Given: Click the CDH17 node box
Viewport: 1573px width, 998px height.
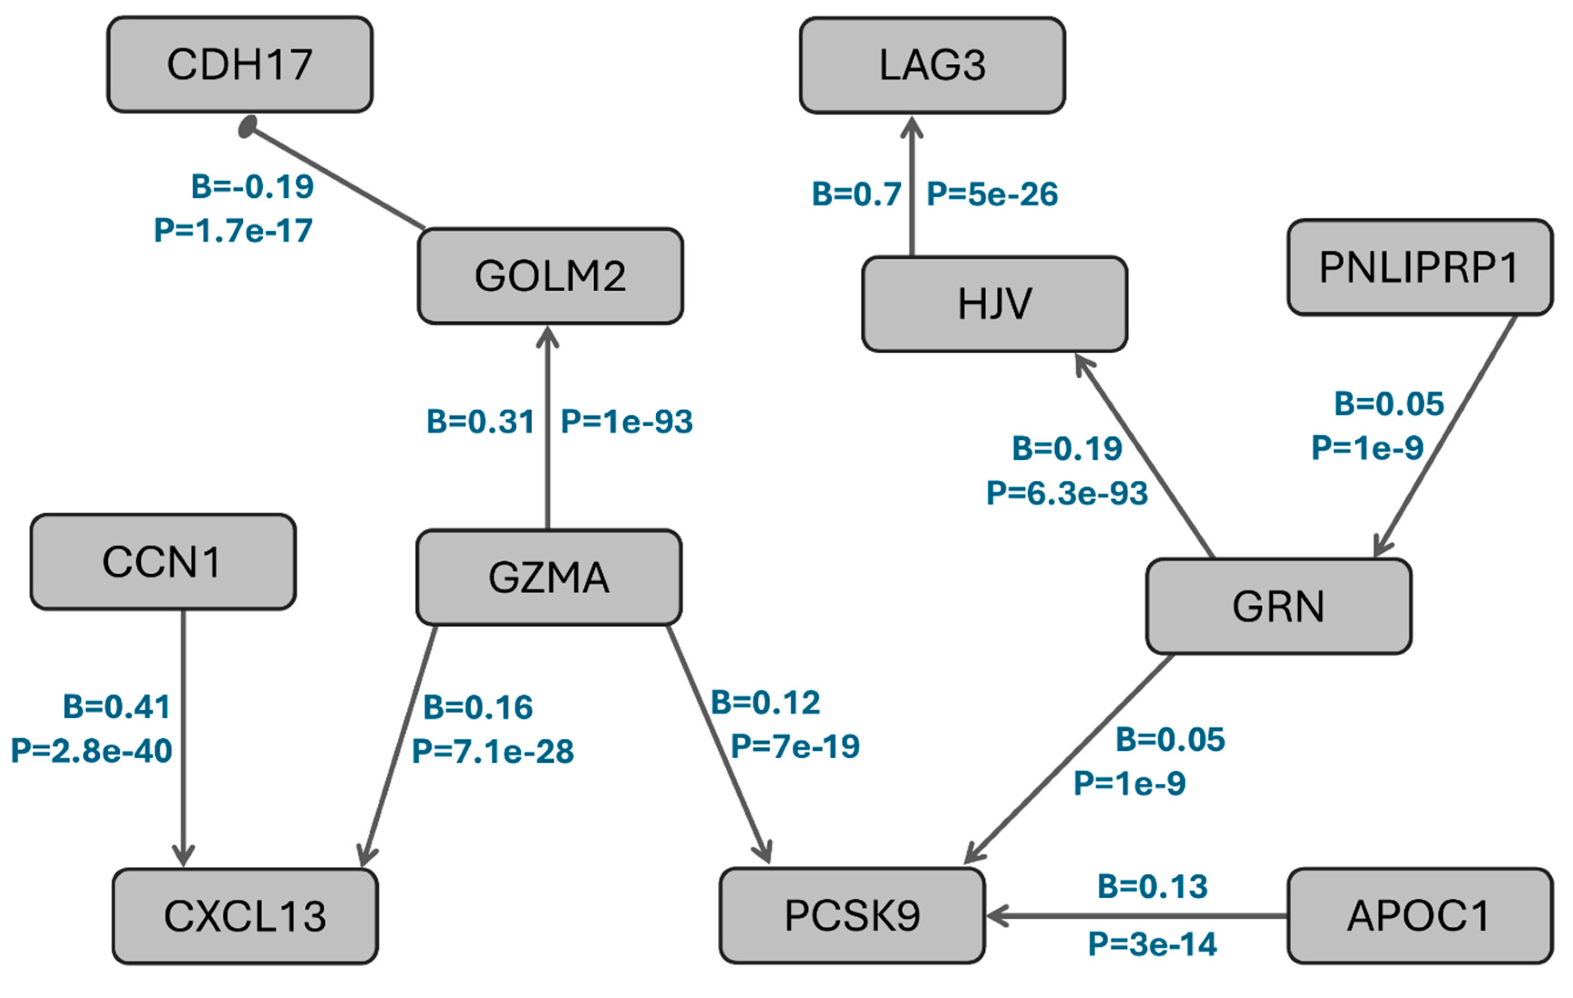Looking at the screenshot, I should [x=240, y=65].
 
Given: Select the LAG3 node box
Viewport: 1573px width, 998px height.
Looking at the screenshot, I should [x=932, y=65].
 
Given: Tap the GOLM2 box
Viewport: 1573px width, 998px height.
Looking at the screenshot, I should [x=550, y=276].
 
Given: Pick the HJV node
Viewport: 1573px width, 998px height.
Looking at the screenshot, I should [x=994, y=304].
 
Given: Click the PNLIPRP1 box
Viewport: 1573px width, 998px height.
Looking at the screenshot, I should [x=1419, y=267].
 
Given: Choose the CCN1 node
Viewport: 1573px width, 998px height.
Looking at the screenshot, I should [x=163, y=562].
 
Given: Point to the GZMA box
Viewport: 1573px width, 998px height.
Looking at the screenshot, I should [x=549, y=577].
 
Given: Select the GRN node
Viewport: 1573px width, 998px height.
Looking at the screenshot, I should [x=1278, y=606].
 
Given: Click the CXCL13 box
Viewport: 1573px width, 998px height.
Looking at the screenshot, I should [x=245, y=916].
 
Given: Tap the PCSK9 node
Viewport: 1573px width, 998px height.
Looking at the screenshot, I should [x=852, y=915].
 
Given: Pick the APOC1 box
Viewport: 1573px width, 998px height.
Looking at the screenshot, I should [x=1419, y=915].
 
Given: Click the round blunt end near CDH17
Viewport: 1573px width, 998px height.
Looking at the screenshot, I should [x=247, y=127].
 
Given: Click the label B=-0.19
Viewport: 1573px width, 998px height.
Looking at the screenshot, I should [x=252, y=187].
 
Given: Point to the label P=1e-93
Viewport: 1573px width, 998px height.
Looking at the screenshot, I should [x=627, y=421].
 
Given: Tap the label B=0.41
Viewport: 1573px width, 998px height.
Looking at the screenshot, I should [x=117, y=707].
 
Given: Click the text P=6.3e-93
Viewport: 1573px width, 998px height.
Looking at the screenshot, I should [x=1067, y=493].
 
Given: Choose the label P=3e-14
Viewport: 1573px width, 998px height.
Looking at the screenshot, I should [x=1151, y=944].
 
